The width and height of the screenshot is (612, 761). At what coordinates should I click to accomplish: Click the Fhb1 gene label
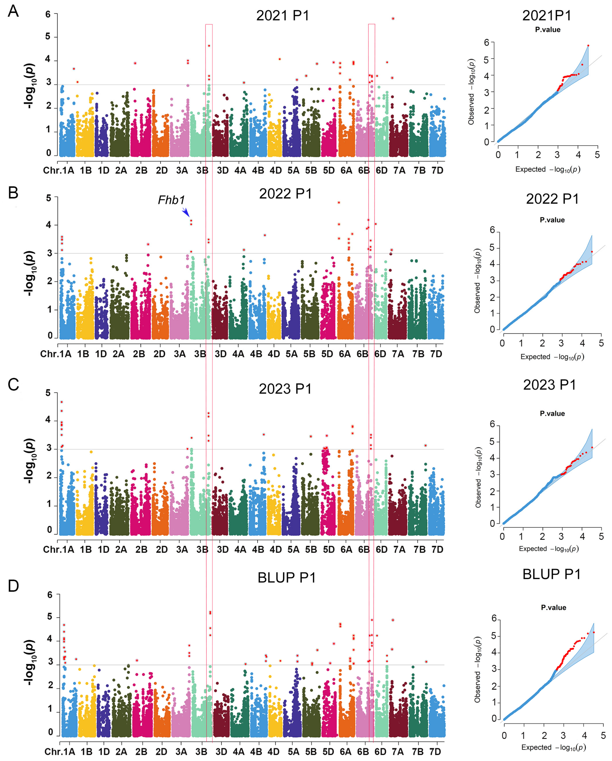171,200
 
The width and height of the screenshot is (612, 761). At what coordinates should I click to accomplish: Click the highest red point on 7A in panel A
393,19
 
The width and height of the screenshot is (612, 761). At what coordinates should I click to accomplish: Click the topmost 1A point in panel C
62,402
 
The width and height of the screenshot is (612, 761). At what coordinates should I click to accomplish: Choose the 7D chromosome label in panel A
437,170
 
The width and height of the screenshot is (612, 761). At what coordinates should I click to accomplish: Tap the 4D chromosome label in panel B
274,354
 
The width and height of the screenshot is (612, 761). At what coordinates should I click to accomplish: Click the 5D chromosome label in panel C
329,549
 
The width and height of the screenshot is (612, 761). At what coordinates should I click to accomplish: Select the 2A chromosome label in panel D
121,751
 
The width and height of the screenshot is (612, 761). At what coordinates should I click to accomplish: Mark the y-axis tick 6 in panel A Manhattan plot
48,14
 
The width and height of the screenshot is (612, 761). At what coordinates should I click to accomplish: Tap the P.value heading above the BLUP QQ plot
553,607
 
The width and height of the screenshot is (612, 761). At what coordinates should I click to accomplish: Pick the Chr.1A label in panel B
56,354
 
